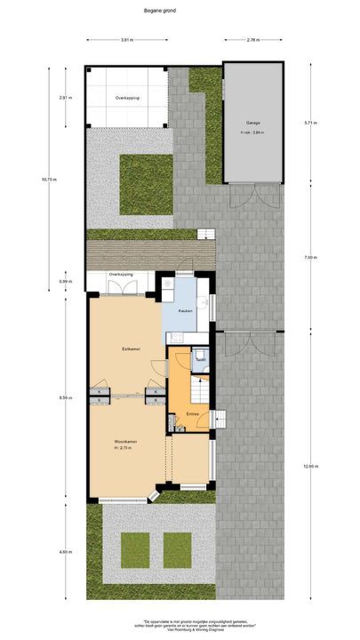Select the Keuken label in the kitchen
pyautogui.click(x=185, y=310)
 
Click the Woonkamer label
pyautogui.click(x=124, y=442)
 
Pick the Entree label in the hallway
pyautogui.click(x=192, y=415)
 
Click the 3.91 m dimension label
pyautogui.click(x=127, y=39)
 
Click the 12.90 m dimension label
pyautogui.click(x=308, y=467)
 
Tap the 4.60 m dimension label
pyautogui.click(x=64, y=552)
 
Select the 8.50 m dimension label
pyautogui.click(x=64, y=397)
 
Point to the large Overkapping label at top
pyautogui.click(x=127, y=96)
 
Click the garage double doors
pyautogui.click(x=253, y=195)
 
